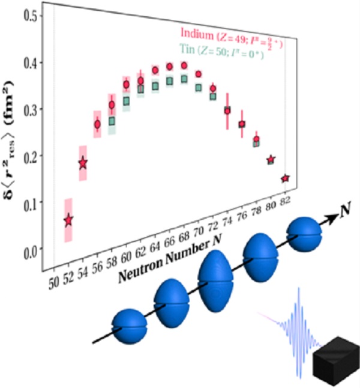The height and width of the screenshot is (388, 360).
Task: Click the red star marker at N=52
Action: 68,220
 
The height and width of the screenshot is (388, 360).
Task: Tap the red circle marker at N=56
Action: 97,124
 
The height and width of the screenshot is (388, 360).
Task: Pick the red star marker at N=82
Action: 285,178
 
